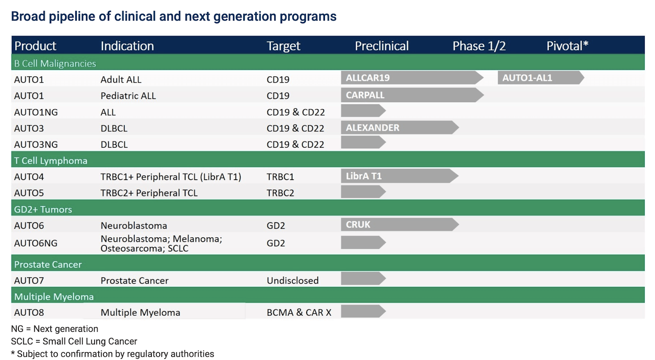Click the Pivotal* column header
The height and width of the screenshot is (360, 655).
tap(567, 46)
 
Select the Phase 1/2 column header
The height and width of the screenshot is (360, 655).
tap(479, 46)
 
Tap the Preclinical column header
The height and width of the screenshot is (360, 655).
tap(382, 46)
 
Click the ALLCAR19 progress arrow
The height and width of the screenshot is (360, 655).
tap(412, 78)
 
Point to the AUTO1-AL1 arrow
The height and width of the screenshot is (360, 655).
tap(541, 78)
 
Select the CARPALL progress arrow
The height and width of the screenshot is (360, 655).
tap(412, 95)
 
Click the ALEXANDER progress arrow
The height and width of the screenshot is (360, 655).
tap(400, 127)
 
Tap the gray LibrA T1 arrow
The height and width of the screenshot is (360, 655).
tap(400, 176)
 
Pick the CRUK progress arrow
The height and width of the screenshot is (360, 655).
tap(400, 225)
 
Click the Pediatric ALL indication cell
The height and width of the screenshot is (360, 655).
tap(128, 96)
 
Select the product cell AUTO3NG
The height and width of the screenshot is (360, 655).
tap(36, 144)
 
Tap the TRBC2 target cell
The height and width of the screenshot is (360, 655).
tap(280, 193)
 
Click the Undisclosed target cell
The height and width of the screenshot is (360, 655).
tap(292, 281)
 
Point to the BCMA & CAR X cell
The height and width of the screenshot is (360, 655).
tap(299, 313)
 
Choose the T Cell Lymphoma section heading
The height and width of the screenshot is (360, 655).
tap(51, 161)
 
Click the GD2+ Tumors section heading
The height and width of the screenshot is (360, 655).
tap(43, 209)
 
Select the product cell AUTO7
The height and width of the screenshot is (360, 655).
tap(29, 281)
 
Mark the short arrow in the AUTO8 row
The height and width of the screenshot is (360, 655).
tap(363, 311)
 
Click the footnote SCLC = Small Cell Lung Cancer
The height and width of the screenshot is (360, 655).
tap(74, 341)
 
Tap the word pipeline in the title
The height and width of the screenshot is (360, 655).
tap(72, 17)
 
